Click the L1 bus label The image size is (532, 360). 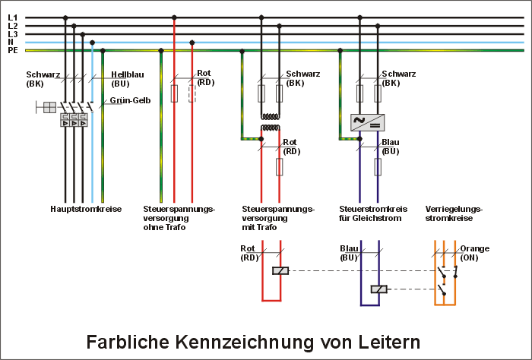[x=12, y=17]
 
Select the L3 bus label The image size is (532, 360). [x=12, y=34]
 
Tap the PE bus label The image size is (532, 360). [x=12, y=51]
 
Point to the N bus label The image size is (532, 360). [x=11, y=43]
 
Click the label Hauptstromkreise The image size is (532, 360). [x=86, y=208]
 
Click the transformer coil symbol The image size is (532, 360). [x=271, y=122]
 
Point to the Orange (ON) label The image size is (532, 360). [x=474, y=253]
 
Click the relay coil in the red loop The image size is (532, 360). [x=280, y=271]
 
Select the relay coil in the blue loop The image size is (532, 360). [x=378, y=289]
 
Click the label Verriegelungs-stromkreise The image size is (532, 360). [x=454, y=213]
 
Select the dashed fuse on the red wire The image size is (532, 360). [x=192, y=93]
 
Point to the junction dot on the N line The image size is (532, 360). [x=92, y=43]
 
